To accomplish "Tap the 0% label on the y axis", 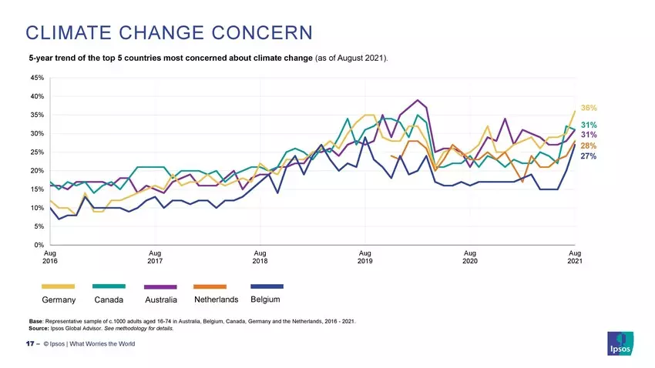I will coord(39,245).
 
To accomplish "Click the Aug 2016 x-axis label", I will coord(50,257).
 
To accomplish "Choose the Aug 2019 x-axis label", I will coord(365,257).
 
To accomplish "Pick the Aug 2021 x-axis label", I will coord(575,257).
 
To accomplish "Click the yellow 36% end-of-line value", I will coord(589,109).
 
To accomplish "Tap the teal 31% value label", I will coord(589,125).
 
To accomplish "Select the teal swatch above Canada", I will coord(109,287).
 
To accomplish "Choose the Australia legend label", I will coord(161,299).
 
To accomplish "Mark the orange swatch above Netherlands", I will coord(210,287).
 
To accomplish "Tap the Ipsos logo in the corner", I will coord(621,343).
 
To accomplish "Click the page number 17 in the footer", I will coord(31,343).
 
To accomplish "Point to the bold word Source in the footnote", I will coord(40,328).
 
